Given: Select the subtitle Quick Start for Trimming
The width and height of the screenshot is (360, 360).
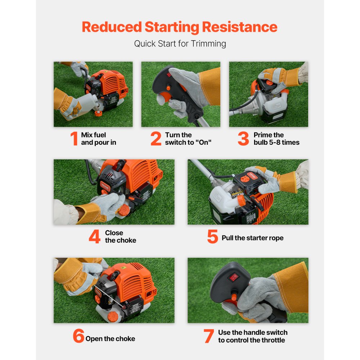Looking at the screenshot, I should click(180, 44).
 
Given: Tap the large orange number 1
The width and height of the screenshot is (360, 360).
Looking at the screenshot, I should click(74, 139).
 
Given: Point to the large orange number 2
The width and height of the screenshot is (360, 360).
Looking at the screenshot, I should click(156, 139).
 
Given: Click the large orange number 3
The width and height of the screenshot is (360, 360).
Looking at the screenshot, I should click(243, 139).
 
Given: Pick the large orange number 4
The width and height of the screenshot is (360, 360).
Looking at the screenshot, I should click(94, 237).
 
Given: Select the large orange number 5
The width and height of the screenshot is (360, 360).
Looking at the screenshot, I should click(212, 237).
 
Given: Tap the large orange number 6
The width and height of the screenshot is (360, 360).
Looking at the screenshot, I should click(78, 336).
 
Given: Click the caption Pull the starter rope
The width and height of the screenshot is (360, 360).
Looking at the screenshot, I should click(252, 238).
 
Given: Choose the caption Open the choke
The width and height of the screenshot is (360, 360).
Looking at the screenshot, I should click(110, 339).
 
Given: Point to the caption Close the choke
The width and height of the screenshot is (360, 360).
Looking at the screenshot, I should click(120, 237).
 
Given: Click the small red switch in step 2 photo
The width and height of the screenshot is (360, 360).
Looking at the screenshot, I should click(167, 75).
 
